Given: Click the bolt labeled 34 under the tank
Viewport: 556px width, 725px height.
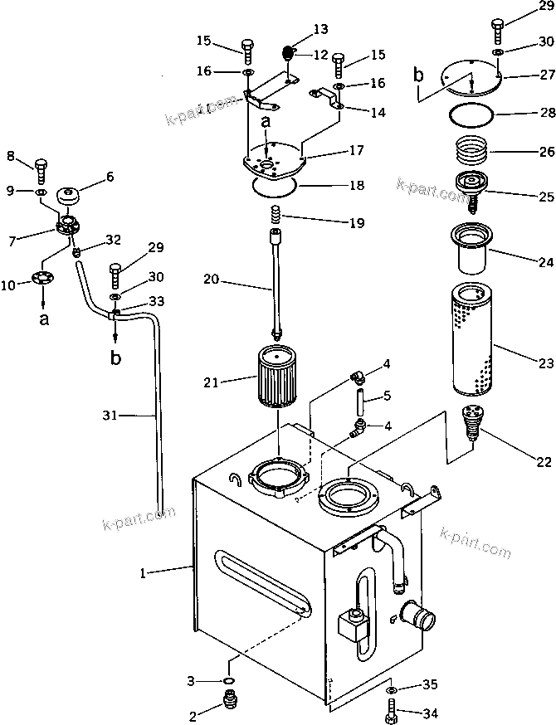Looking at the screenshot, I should point(392,711).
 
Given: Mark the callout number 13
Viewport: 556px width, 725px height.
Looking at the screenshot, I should point(320,30).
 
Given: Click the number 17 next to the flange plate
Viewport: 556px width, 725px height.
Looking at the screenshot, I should point(356,153).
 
